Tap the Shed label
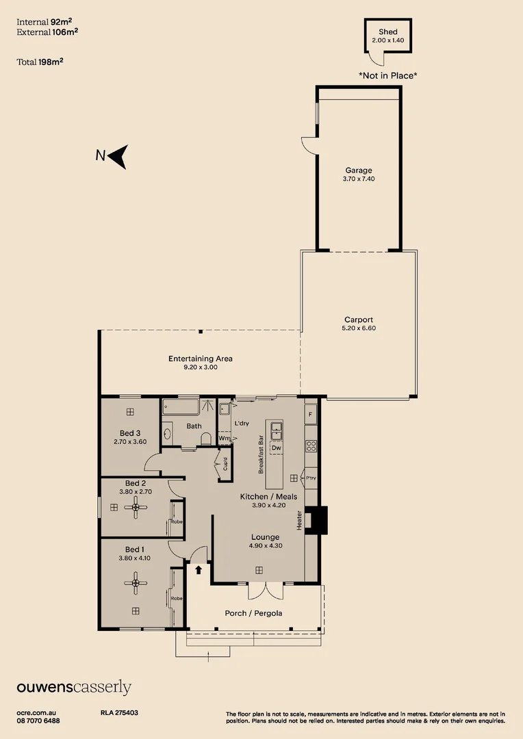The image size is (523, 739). tap(388, 32)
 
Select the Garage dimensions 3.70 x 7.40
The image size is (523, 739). tap(359, 179)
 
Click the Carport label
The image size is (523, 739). tap(359, 320)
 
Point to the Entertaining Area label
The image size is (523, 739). tap(201, 359)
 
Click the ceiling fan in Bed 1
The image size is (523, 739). tap(136, 583)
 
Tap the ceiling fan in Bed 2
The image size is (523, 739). tap(136, 507)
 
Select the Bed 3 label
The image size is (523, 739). tap(130, 433)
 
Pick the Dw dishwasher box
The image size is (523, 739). tap(277, 448)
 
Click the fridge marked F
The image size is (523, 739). tap(310, 415)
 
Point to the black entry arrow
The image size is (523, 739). tap(199, 570)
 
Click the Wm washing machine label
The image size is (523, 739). tap(225, 439)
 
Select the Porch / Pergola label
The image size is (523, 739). tap(254, 613)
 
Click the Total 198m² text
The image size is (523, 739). tap(40, 62)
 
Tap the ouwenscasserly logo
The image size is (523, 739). tap(74, 688)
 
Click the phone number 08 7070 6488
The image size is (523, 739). tap(38, 721)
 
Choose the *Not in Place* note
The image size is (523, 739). tap(388, 75)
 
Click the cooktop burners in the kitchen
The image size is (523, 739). tap(311, 446)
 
